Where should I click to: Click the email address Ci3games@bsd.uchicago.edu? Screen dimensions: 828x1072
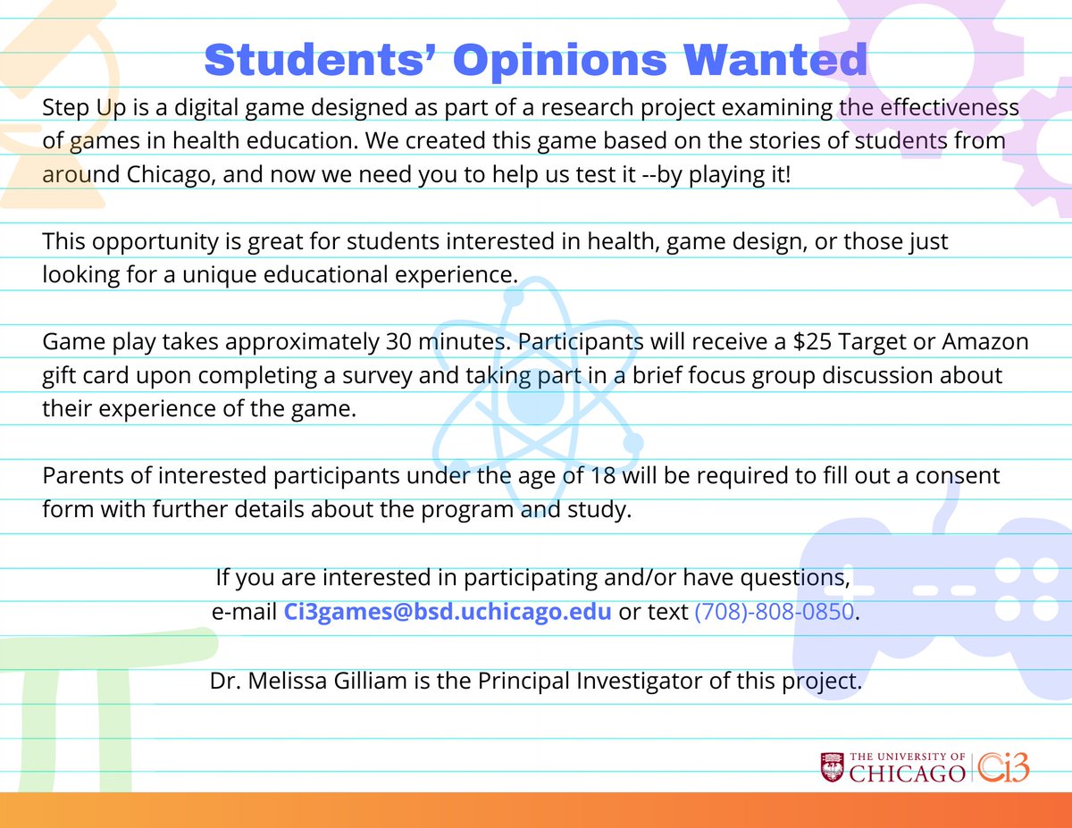pyautogui.click(x=448, y=612)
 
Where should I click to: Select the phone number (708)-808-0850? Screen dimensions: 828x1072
pyautogui.click(x=775, y=612)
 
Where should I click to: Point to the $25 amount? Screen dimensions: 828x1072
pyautogui.click(x=801, y=341)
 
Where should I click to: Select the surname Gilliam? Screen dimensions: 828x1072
pyautogui.click(x=386, y=682)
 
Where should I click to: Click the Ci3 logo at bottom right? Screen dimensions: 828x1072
pyautogui.click(x=1002, y=766)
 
